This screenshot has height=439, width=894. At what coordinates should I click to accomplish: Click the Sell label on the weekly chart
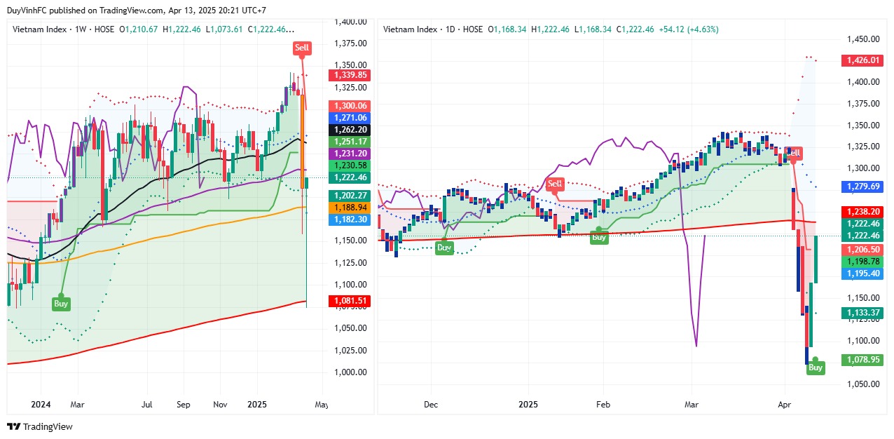[x=302, y=48]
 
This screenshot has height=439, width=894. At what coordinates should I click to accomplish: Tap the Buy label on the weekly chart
[x=61, y=304]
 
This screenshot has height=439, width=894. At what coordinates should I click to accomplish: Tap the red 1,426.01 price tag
[x=862, y=60]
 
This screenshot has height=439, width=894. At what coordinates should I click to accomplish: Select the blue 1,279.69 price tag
[x=862, y=187]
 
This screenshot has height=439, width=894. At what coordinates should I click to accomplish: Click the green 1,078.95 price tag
[x=862, y=360]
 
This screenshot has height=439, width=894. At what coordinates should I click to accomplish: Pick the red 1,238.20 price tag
[x=862, y=210]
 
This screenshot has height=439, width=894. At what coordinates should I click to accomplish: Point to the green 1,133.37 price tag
[x=862, y=313]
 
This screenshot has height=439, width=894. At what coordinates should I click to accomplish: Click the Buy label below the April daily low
[x=816, y=367]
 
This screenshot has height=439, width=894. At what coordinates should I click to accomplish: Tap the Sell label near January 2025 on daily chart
[x=555, y=184]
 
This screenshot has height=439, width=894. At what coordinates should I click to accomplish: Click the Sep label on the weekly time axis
[x=184, y=405]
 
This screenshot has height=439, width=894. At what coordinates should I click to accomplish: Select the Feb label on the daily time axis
[x=603, y=405]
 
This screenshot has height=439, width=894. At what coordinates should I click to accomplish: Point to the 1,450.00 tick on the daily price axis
[x=862, y=39]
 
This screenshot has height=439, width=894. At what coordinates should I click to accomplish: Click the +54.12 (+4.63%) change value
[x=689, y=29]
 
